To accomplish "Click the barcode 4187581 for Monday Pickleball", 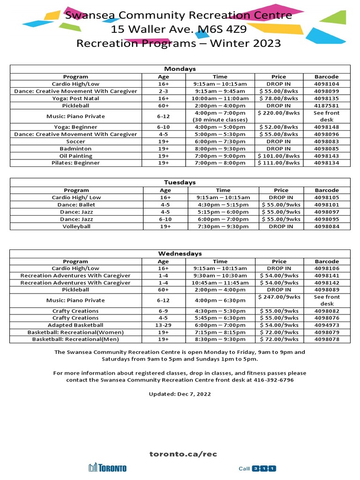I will (326, 105).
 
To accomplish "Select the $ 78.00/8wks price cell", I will (278, 98).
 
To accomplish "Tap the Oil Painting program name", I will (75, 156).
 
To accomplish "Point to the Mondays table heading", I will (180, 69).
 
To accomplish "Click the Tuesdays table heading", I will (180, 182).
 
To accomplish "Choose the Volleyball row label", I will (76, 226).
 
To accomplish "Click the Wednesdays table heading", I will (180, 254).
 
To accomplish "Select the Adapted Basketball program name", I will (75, 325).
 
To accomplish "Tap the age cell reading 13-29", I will (163, 325).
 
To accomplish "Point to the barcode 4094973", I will (326, 325).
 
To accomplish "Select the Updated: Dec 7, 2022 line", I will (180, 394).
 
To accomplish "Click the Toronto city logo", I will (107, 468).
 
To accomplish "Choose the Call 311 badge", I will (258, 468).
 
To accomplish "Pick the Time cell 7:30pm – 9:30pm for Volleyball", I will (223, 226).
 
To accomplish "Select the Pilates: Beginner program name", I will (75, 163).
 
